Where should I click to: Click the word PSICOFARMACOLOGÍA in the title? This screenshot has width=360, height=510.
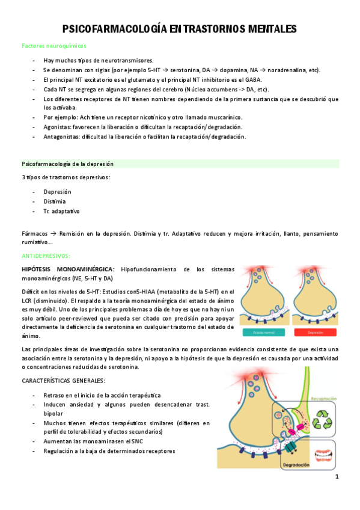click(x=114, y=29)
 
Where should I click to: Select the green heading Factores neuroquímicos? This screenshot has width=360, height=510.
click(x=54, y=46)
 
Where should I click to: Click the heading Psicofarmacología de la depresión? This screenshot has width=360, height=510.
click(x=67, y=164)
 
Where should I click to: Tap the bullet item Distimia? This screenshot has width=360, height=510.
click(x=55, y=201)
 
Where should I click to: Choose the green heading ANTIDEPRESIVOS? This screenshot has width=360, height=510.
click(x=46, y=256)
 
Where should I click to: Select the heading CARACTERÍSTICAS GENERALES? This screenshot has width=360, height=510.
click(x=63, y=381)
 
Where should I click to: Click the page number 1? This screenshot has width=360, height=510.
click(x=337, y=477)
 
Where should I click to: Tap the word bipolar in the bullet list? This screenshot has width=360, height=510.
click(x=53, y=414)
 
